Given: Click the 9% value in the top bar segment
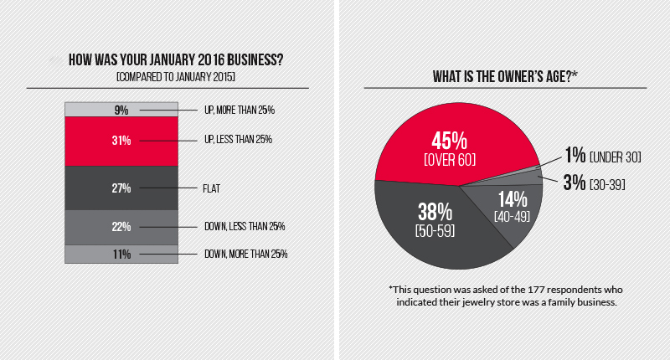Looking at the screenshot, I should click(x=121, y=110).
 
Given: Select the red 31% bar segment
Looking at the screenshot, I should click(x=121, y=140).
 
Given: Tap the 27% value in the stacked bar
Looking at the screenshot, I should click(x=121, y=188).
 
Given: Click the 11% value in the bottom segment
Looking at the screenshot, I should click(x=121, y=254).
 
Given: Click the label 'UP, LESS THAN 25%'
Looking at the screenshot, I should click(x=240, y=140).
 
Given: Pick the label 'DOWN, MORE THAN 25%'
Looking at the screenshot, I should click(x=246, y=254).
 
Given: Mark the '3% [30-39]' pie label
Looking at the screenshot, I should click(x=595, y=181).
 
